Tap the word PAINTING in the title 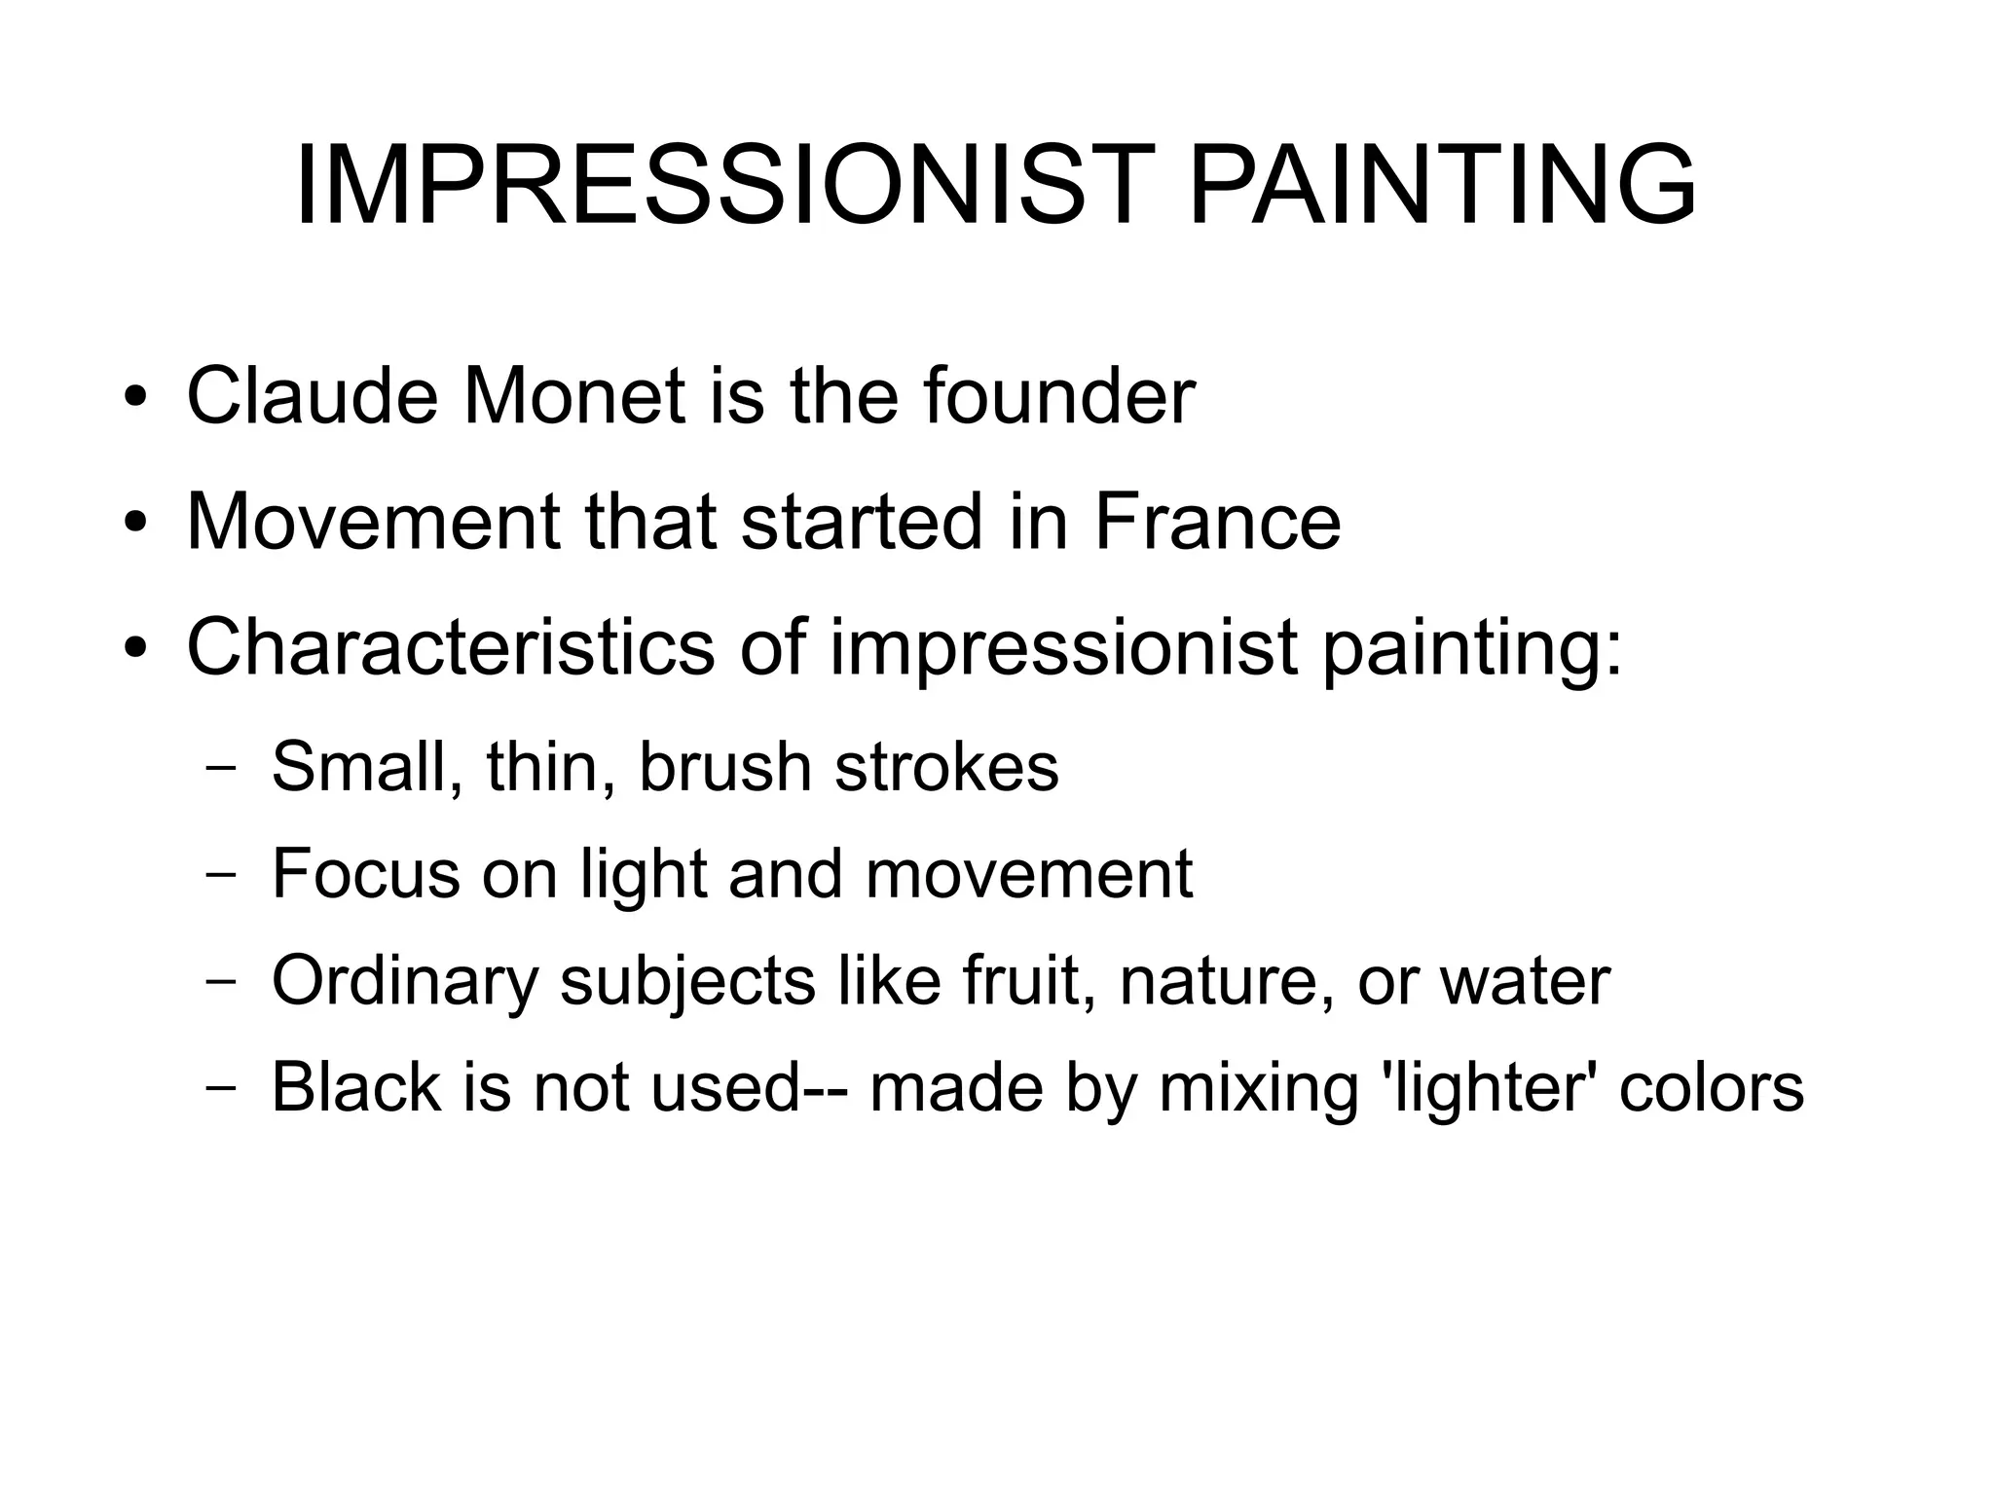click(1442, 185)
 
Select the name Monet click(574, 396)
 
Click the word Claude click(312, 396)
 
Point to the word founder click(1058, 396)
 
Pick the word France click(1217, 522)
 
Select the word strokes click(946, 767)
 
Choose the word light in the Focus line click(643, 875)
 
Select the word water click(1525, 981)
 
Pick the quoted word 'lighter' click(1489, 1088)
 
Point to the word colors click(1712, 1088)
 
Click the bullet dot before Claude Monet click(135, 398)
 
